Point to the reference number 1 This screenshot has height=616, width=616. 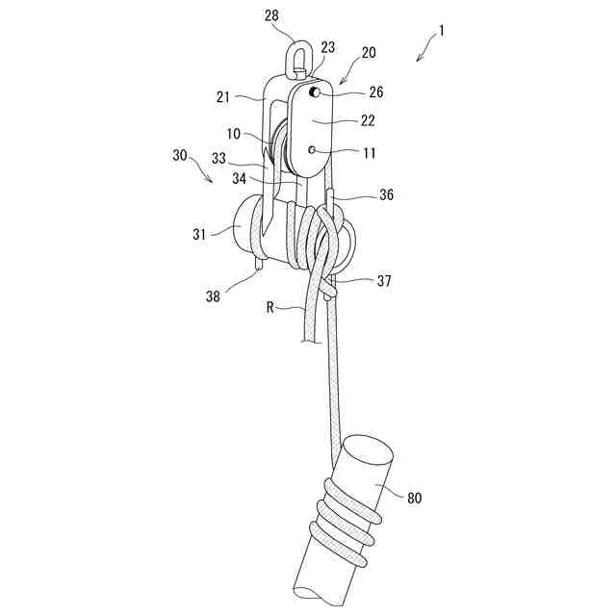coord(441,30)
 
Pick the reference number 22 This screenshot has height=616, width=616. coord(368,121)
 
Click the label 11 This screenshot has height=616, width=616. coord(369,152)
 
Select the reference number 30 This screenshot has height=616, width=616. coord(180,155)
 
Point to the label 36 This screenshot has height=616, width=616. coord(385,193)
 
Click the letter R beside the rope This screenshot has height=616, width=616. coord(272,308)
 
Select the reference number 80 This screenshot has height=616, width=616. coord(414,498)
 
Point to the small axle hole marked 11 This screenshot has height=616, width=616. coord(314,151)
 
